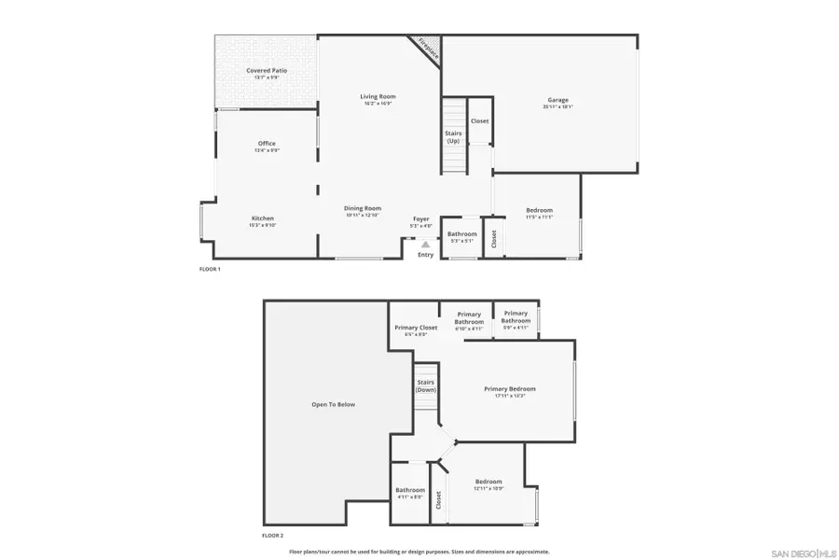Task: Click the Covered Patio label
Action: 267,71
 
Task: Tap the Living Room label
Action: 379,96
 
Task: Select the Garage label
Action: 557,100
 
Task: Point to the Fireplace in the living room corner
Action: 427,48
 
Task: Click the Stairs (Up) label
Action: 453,136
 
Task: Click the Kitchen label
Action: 262,218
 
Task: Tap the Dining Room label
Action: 364,208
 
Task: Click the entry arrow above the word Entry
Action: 426,245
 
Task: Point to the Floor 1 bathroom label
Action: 461,234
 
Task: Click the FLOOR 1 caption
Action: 210,269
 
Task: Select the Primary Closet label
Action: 416,328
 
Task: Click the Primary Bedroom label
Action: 510,388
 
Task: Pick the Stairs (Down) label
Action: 426,385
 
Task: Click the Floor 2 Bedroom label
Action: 488,482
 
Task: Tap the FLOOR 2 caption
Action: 272,536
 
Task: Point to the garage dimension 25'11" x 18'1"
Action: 557,107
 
